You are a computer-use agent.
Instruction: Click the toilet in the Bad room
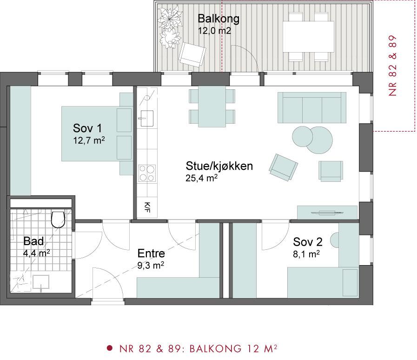(58, 220)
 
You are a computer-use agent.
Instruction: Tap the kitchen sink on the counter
(146, 119)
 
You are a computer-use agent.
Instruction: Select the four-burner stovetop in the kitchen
(147, 173)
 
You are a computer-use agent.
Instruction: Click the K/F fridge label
(147, 207)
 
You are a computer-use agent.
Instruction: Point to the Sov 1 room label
(87, 128)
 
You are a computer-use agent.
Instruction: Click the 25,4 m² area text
(201, 178)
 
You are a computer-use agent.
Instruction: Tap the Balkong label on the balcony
(218, 19)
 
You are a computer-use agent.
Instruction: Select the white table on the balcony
(308, 36)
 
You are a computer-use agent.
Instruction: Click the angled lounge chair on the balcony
(192, 54)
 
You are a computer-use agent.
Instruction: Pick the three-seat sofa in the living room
(312, 107)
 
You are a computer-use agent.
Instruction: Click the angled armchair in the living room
(283, 167)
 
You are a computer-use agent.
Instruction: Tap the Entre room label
(151, 253)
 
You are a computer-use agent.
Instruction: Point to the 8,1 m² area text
(306, 254)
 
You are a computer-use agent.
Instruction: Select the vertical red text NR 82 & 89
(392, 66)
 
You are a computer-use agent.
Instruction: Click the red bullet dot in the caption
(109, 348)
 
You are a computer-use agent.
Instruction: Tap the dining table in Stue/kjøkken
(212, 107)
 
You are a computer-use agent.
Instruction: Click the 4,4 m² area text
(36, 253)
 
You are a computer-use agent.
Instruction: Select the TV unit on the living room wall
(327, 213)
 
